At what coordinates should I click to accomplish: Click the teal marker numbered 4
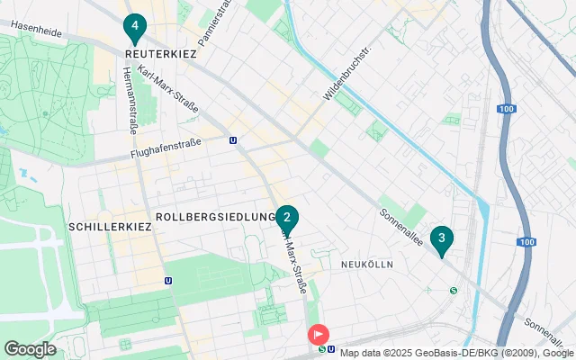(134, 28)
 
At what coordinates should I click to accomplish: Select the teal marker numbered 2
(286, 218)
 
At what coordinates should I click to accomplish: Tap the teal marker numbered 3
(441, 238)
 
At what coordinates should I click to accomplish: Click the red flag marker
(319, 334)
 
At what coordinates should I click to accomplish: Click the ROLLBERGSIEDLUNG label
(214, 217)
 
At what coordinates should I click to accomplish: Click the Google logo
(30, 349)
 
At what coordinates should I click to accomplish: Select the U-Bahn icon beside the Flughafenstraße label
(234, 140)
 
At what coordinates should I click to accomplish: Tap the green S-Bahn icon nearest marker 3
(454, 290)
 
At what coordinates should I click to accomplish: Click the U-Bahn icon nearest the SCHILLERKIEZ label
(169, 280)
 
